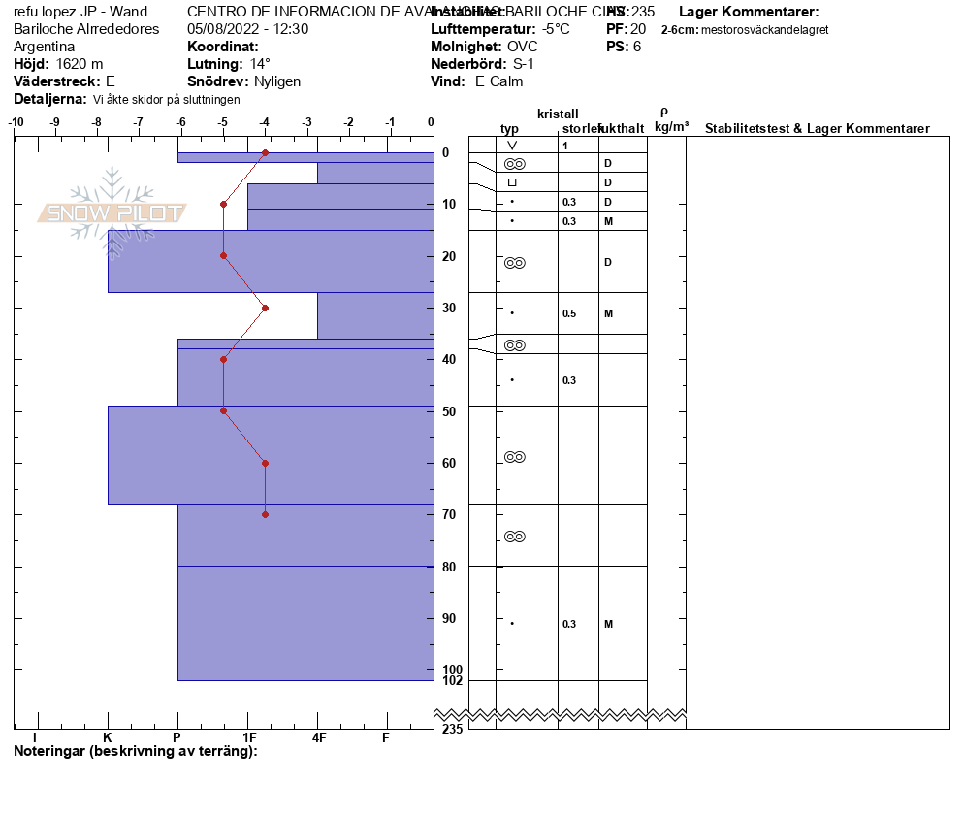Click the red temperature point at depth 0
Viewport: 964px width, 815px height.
(x=266, y=153)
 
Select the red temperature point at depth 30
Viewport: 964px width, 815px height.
(x=266, y=308)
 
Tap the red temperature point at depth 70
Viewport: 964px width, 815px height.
(x=266, y=514)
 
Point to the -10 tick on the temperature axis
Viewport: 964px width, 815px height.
(x=16, y=122)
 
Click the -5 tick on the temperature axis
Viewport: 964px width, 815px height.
(x=223, y=122)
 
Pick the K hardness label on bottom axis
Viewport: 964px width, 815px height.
(x=108, y=738)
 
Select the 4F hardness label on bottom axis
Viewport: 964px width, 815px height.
(x=318, y=738)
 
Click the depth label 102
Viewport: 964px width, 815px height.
(x=452, y=681)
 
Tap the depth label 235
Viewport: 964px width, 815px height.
(x=452, y=730)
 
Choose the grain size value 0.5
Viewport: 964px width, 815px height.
(x=569, y=314)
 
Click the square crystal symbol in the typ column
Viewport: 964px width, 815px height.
(x=512, y=182)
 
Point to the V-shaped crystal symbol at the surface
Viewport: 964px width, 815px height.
(x=512, y=146)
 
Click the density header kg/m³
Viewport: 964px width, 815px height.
(x=671, y=127)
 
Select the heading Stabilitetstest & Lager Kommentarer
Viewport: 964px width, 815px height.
(x=817, y=129)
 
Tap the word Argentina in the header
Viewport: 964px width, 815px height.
(x=45, y=47)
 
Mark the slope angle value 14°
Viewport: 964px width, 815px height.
(x=260, y=64)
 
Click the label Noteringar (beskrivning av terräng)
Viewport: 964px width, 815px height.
(x=135, y=752)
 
